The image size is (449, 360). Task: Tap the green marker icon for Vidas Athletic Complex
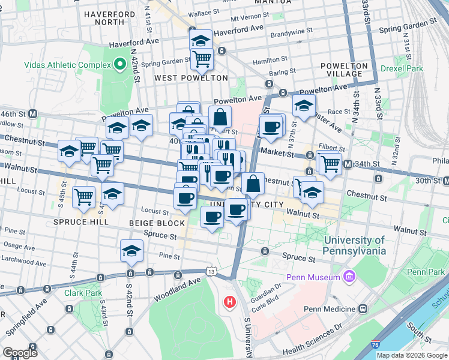point(118,64)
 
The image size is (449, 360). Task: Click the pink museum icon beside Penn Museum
point(348,276)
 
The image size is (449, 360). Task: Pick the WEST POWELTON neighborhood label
point(191,78)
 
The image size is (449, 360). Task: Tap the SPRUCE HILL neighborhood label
point(81,221)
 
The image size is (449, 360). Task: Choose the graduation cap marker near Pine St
point(131,252)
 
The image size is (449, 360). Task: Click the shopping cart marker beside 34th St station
point(329,163)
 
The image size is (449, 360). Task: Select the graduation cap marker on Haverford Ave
point(200,41)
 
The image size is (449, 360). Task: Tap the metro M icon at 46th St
point(34,113)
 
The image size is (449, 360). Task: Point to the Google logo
point(20,352)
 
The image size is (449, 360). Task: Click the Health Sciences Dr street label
point(312,343)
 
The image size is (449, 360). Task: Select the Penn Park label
point(426,272)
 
